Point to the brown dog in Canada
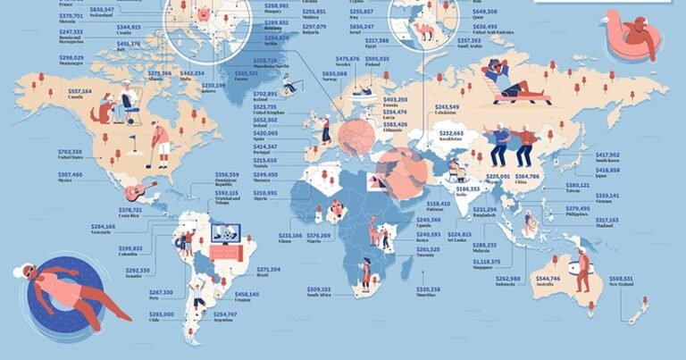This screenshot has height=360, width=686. [105, 111]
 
